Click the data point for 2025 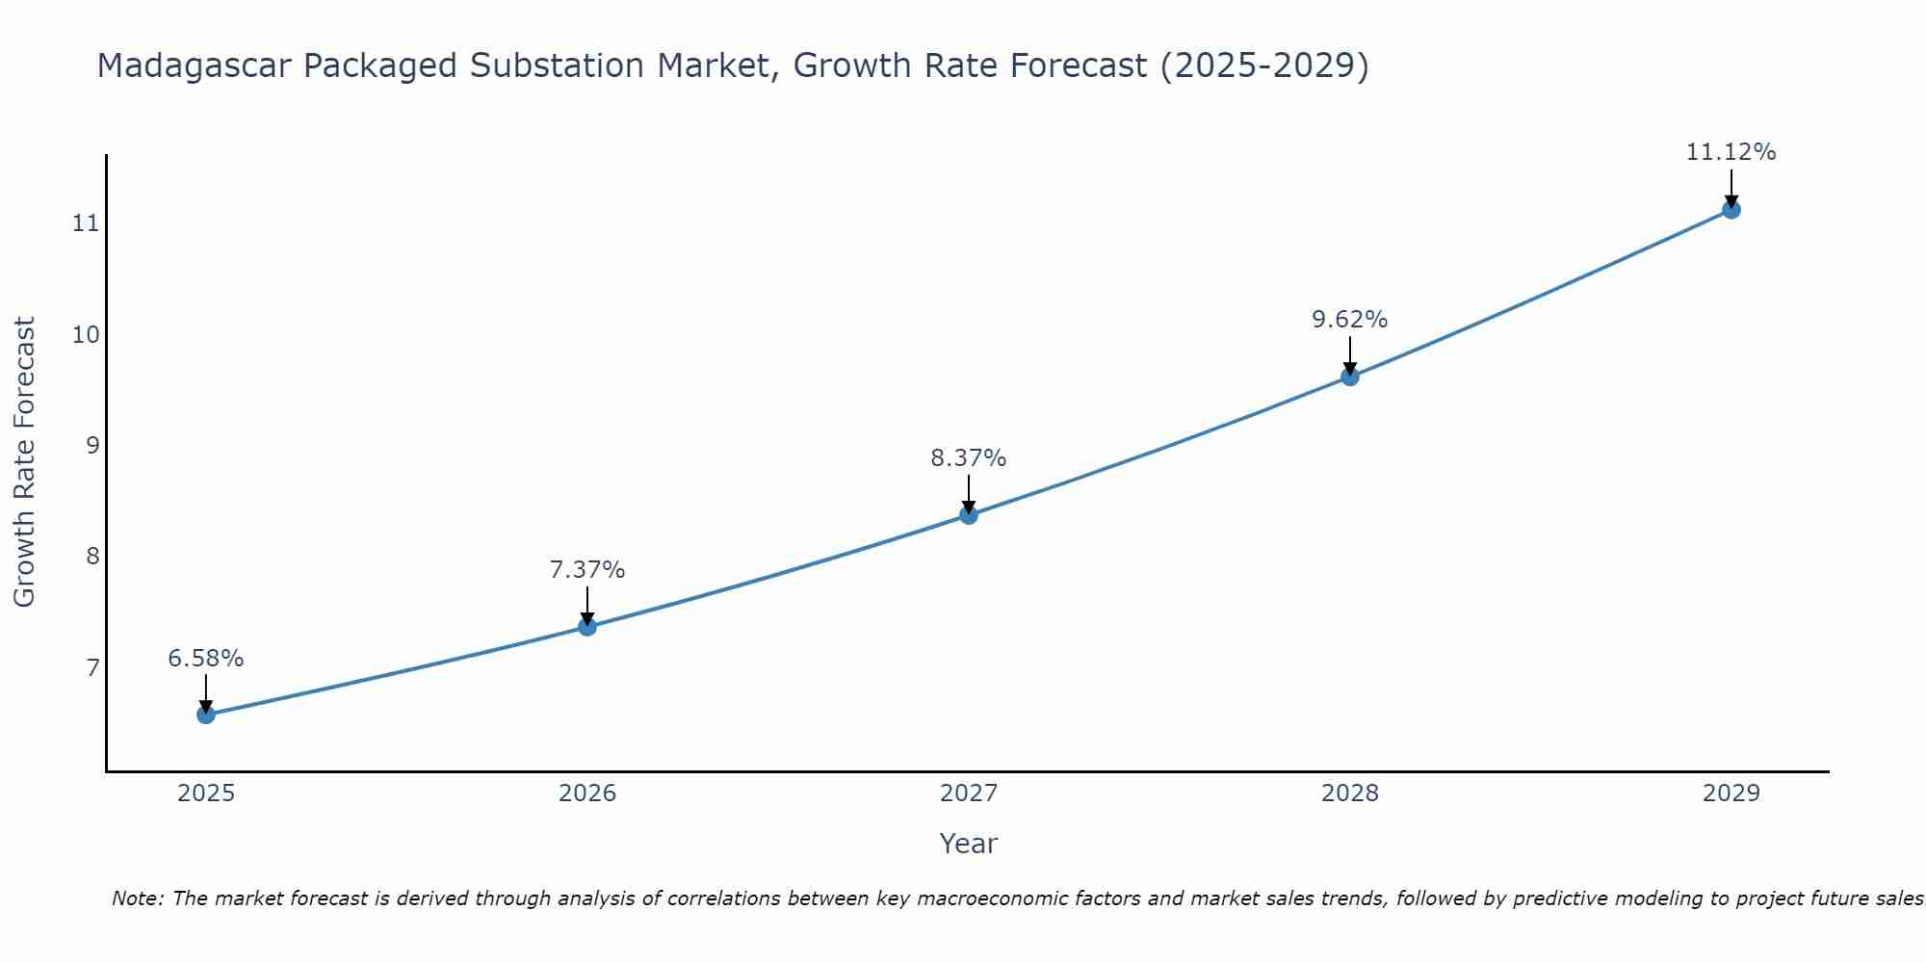click(206, 715)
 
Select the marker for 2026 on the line click(587, 627)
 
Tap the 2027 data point click(969, 515)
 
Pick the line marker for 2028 click(1350, 377)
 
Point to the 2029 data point click(1731, 209)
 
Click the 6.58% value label click(206, 659)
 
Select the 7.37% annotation click(587, 570)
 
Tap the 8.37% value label click(969, 458)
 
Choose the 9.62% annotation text click(1350, 320)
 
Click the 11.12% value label click(1731, 152)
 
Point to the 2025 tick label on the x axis click(206, 794)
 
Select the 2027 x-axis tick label click(969, 794)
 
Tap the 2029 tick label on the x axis click(1731, 794)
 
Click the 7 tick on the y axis click(92, 667)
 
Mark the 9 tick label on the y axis click(92, 445)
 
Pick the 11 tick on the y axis click(86, 223)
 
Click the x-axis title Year click(969, 844)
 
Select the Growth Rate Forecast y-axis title click(25, 462)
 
